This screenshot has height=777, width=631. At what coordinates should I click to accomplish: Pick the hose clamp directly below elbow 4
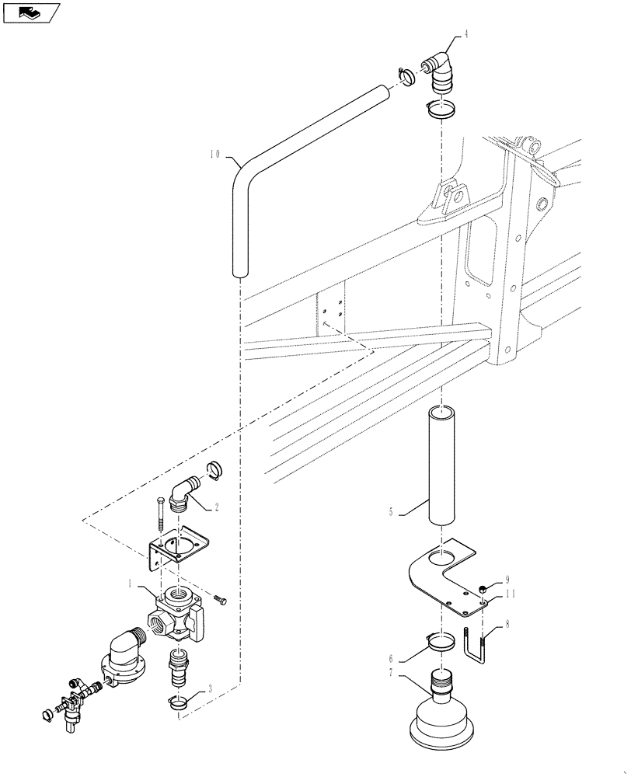pyautogui.click(x=441, y=110)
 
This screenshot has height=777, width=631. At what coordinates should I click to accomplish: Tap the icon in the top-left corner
pyautogui.click(x=31, y=12)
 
